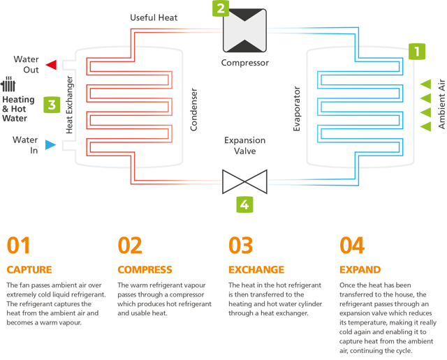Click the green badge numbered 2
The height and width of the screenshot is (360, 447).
point(221,8)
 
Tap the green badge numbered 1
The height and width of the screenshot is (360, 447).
point(417,52)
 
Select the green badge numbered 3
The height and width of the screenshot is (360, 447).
point(52,105)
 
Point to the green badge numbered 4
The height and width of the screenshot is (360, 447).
point(244,204)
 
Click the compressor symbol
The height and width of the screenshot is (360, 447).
point(244,31)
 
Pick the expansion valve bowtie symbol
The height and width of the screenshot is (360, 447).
point(244,181)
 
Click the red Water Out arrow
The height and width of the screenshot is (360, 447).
point(51,65)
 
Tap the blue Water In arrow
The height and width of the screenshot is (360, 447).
point(51,145)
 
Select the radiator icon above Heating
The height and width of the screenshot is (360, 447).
point(8,84)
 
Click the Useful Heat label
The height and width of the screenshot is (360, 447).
point(154,17)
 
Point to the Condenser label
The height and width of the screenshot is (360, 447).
point(193,110)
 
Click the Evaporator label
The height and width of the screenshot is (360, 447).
point(297,109)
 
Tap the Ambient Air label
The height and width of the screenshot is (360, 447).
point(441,104)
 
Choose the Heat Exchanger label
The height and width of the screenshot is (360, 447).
point(69,105)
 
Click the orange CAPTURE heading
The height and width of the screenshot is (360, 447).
point(29,270)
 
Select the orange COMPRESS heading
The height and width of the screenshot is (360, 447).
point(145,270)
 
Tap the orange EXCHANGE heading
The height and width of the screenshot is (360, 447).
point(256,270)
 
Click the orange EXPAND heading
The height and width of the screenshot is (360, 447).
point(360,270)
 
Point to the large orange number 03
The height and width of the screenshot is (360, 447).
point(240,245)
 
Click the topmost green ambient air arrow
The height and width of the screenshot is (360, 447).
point(425,84)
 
